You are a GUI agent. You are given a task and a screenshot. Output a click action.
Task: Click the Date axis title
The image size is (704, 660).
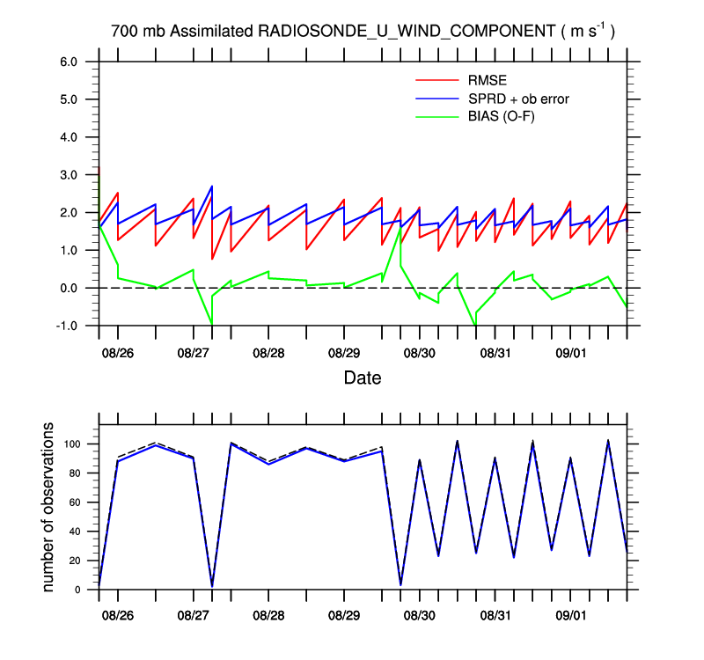coord(363,379)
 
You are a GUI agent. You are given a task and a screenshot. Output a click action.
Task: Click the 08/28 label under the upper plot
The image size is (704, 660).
coord(268,353)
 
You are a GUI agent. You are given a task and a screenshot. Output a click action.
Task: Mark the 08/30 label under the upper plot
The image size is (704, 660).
coord(419,353)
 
